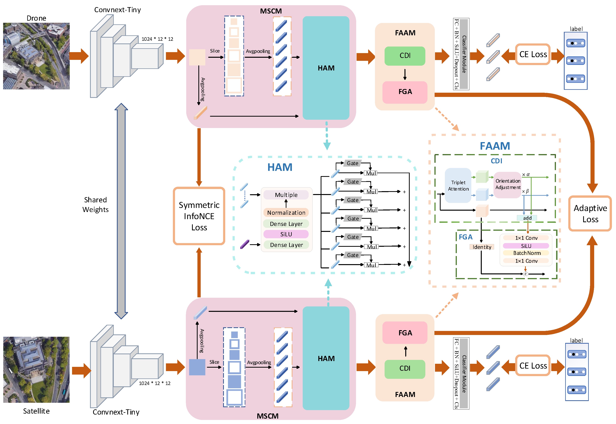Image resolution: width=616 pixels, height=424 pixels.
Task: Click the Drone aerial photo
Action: pyautogui.click(x=36, y=56)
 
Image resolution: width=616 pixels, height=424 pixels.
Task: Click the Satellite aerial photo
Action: pyautogui.click(x=36, y=370)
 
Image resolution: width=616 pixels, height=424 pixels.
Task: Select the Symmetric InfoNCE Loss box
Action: pyautogui.click(x=199, y=216)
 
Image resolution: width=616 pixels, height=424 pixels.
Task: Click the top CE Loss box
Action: pyautogui.click(x=533, y=54)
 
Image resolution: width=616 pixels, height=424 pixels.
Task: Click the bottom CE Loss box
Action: pyautogui.click(x=533, y=365)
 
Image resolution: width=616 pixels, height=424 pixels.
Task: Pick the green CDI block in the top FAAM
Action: pyautogui.click(x=405, y=56)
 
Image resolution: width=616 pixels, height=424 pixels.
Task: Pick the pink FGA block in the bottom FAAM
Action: pyautogui.click(x=405, y=333)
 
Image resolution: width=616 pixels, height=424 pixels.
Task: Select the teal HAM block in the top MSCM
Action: pyautogui.click(x=326, y=68)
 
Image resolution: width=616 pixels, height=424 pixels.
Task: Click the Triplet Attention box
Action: pyautogui.click(x=458, y=185)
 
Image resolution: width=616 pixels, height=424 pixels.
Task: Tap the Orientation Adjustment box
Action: pyautogui.click(x=508, y=184)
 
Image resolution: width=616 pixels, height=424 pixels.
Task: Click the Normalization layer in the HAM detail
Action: pyautogui.click(x=286, y=213)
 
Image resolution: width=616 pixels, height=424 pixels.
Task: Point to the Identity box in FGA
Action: pyautogui.click(x=482, y=247)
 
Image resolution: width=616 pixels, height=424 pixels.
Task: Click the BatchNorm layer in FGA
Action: pyautogui.click(x=526, y=253)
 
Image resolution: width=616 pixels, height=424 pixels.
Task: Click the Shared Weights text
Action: pyautogui.click(x=95, y=204)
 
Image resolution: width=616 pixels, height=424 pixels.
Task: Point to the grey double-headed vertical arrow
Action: pyautogui.click(x=121, y=211)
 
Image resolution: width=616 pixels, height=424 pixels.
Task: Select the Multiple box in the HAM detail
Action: pyautogui.click(x=286, y=195)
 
